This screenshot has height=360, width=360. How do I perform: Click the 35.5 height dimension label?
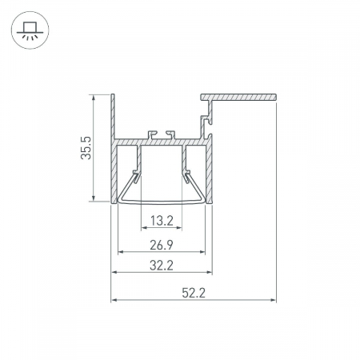tap(86, 148)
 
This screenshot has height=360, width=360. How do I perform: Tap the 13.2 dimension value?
tap(162, 221)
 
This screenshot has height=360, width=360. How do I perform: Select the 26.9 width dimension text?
tap(162, 245)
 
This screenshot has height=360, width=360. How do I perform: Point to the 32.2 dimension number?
tap(162, 266)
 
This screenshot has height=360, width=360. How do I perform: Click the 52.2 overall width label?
tap(194, 293)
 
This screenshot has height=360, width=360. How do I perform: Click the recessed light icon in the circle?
tap(30, 30)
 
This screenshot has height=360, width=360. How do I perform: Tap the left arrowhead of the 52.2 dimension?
tap(114, 300)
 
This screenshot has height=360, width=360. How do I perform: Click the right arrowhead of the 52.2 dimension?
tap(274, 300)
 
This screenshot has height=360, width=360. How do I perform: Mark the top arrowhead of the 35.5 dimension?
tap(94, 98)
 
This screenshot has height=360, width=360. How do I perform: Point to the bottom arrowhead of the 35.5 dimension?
tap(94, 198)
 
